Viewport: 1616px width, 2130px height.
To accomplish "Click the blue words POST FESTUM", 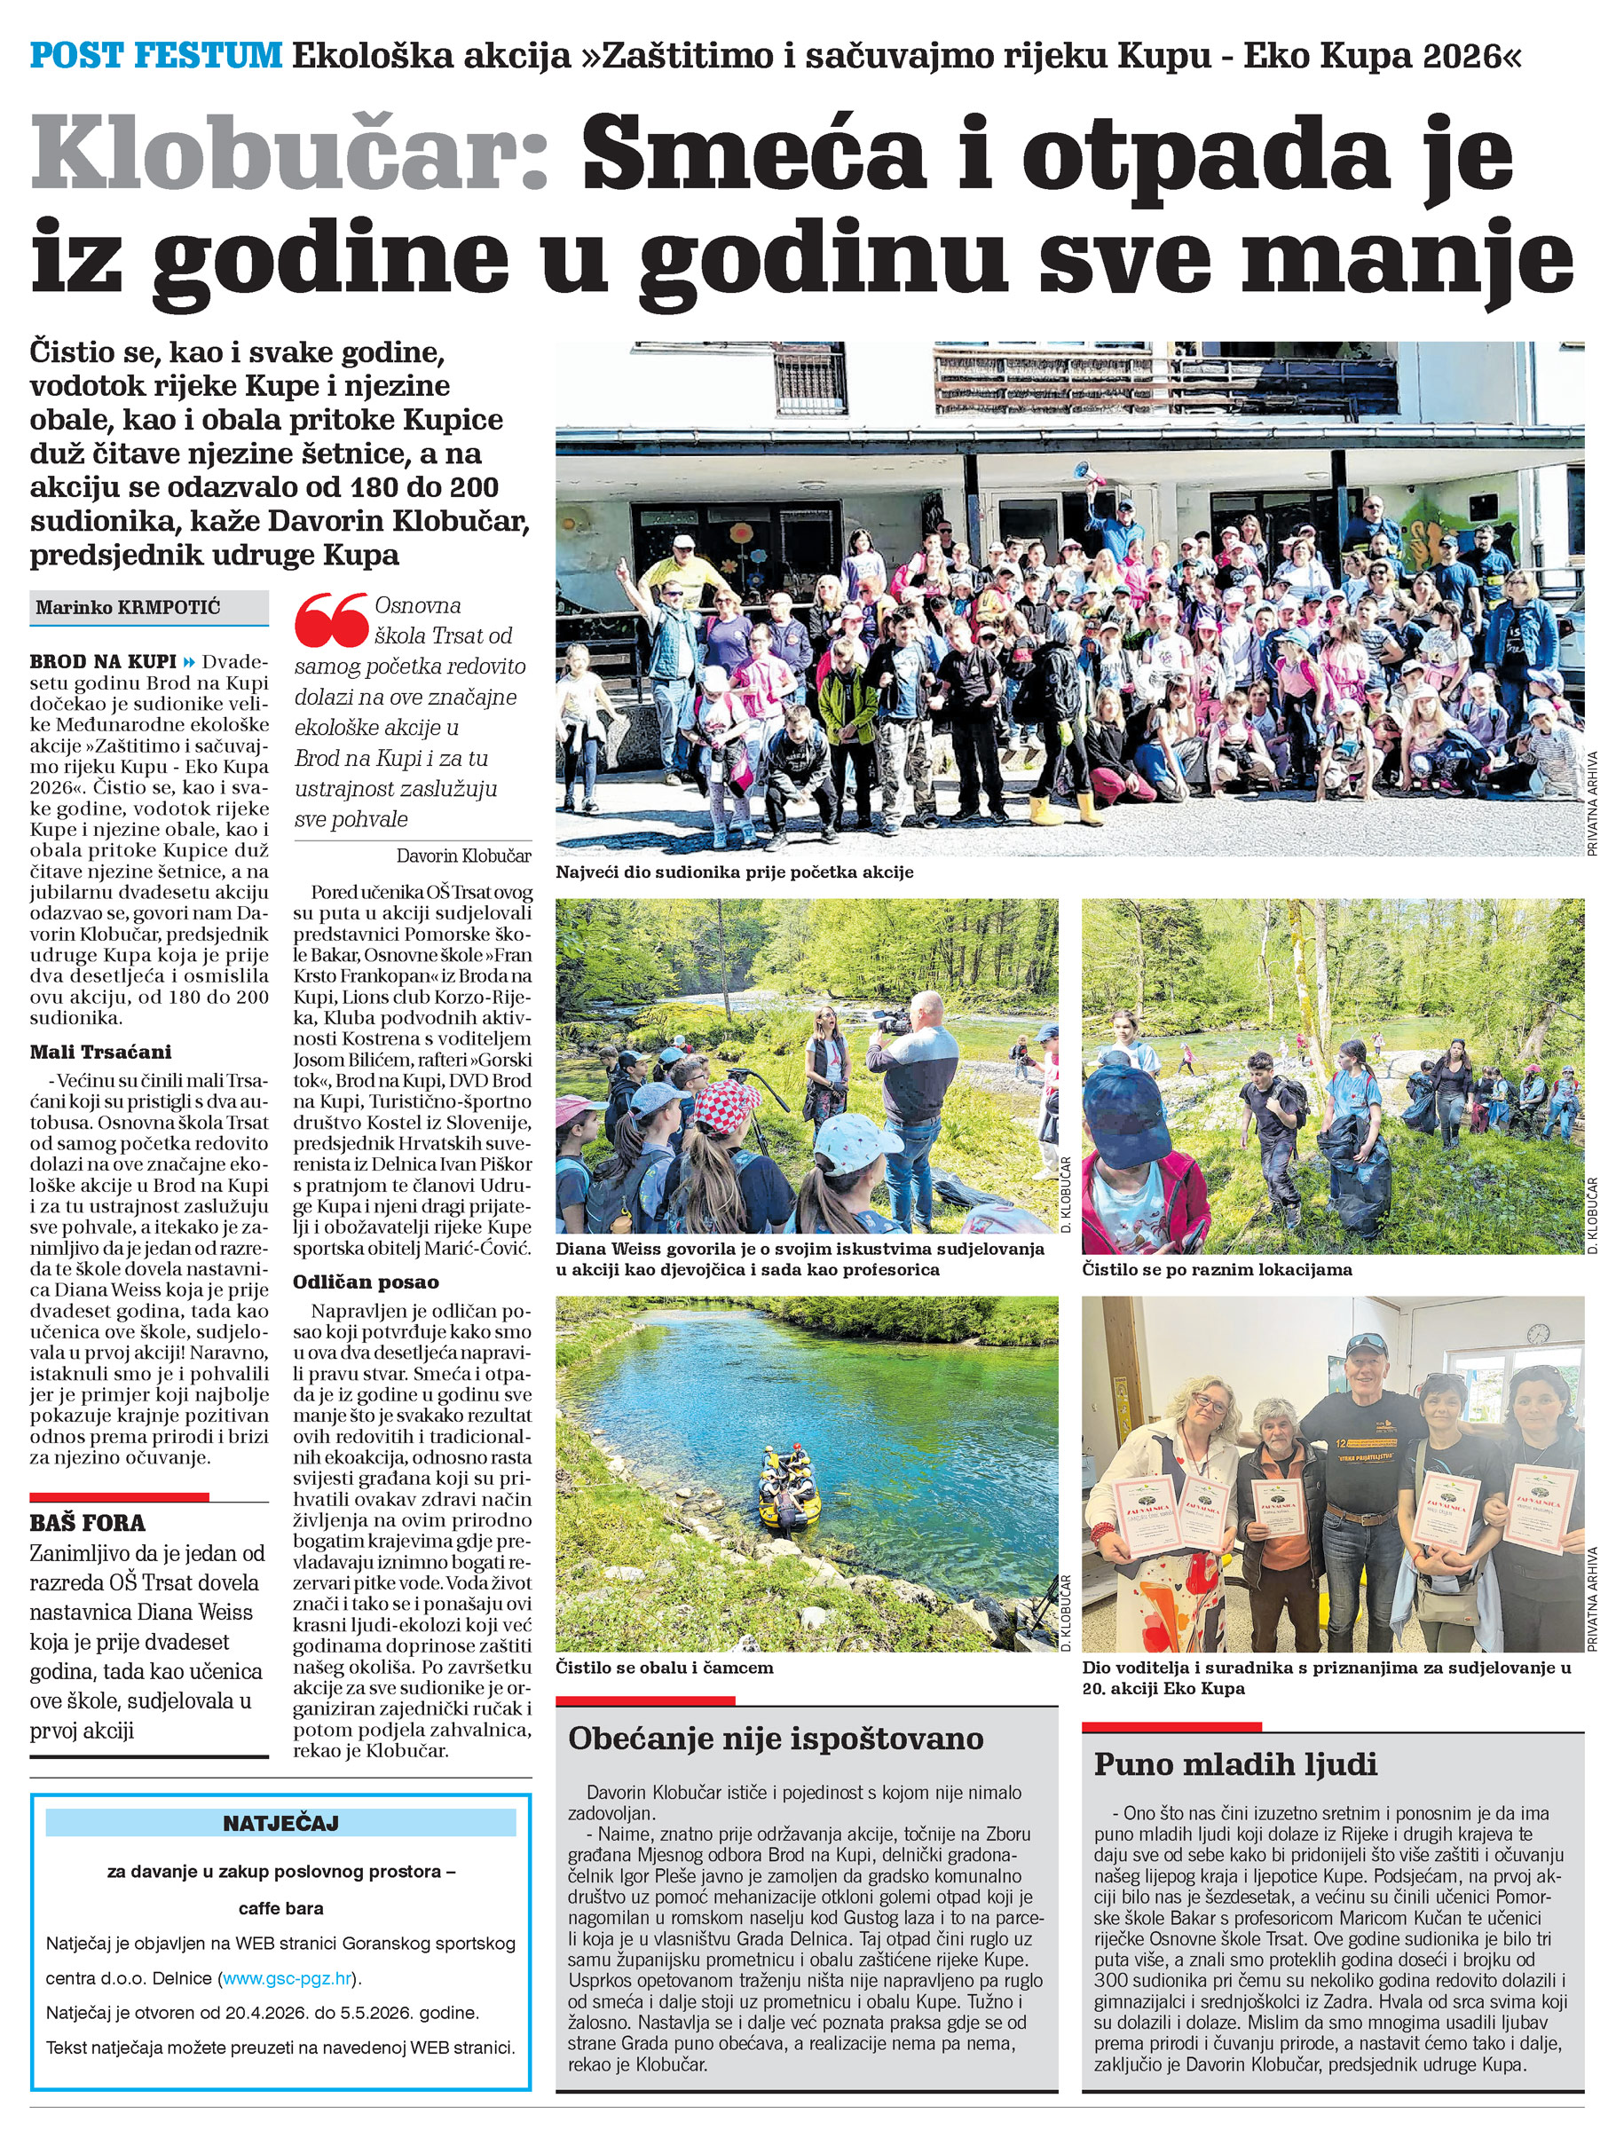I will point(155,55).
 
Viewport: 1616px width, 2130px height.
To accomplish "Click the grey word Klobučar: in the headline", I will point(289,154).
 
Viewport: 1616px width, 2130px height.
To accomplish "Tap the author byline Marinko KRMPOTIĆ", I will point(128,608).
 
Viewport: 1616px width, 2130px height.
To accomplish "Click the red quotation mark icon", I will point(331,619).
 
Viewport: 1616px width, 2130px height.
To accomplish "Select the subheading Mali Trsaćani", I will point(100,1052).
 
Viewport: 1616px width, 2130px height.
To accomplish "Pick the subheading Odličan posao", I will point(366,1282).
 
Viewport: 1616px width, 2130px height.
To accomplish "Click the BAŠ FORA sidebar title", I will point(88,1522).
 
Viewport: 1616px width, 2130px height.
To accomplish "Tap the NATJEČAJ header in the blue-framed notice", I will point(280,1823).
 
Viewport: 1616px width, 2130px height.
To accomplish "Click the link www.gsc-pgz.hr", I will point(287,1978).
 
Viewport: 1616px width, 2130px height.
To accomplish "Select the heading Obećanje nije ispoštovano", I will point(776,1738).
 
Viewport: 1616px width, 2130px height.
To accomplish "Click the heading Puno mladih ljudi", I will point(1235,1764).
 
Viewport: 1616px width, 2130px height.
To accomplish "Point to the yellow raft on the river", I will point(790,1491).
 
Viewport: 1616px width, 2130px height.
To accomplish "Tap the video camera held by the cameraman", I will point(893,1023).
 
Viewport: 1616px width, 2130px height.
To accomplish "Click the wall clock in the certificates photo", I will point(1538,1333).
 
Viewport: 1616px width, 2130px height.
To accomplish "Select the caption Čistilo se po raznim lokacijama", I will point(1217,1269).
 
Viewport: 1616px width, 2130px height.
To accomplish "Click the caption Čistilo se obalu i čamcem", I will point(665,1667).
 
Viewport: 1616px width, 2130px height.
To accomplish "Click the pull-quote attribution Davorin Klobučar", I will point(463,855).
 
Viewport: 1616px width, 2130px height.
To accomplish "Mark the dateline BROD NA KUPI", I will point(103,661).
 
